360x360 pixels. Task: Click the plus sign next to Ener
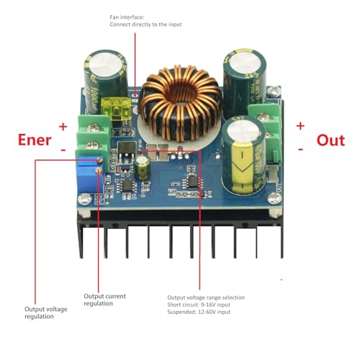63,126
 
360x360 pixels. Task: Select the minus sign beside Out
300,148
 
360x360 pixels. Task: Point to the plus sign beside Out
300,125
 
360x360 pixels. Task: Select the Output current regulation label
104,299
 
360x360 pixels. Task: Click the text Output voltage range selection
206,297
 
